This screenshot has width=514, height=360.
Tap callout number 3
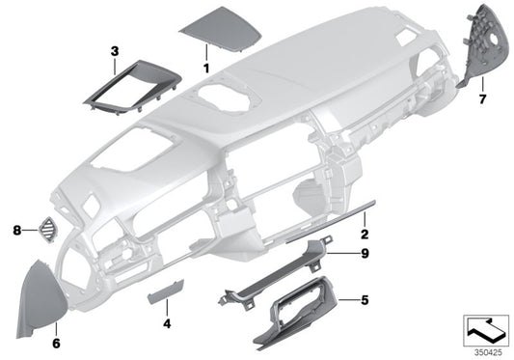pyautogui.click(x=114, y=50)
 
